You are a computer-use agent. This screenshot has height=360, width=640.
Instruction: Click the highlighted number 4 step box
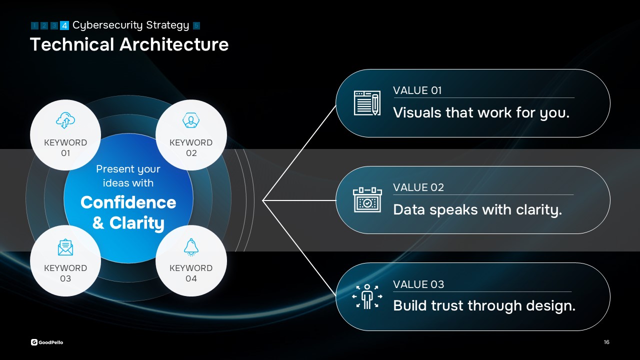64,25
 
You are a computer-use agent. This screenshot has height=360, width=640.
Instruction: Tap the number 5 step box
196,25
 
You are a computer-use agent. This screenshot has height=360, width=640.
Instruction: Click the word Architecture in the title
174,44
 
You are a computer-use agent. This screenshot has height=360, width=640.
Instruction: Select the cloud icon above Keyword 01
65,120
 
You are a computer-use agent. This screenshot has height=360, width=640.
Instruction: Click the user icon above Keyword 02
191,120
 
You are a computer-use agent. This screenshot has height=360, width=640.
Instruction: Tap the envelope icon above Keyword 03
65,247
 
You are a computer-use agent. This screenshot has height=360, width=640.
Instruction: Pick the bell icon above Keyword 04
191,247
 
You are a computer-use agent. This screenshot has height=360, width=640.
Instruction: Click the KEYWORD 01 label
65,147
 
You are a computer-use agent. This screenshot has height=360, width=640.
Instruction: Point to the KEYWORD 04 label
191,273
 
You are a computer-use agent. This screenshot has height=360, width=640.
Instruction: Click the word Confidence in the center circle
128,202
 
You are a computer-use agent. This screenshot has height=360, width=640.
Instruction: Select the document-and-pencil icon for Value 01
367,103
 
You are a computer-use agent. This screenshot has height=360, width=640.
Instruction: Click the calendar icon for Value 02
367,199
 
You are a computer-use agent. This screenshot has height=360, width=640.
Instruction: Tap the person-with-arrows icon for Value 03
367,296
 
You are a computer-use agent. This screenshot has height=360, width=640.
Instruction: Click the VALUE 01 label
417,90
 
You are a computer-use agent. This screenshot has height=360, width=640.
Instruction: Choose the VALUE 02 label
418,187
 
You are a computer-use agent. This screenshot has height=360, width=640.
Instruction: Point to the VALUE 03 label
418,284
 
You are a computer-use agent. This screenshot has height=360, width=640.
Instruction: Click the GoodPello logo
47,342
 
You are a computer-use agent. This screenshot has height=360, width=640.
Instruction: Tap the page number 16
606,342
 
